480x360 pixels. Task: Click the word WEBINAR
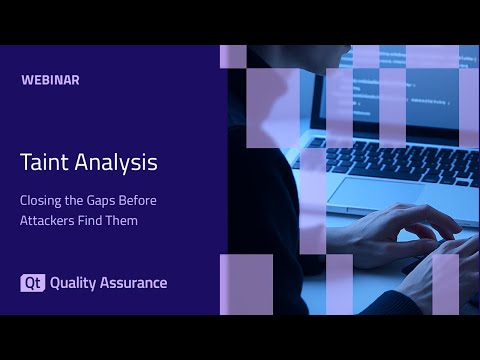50,80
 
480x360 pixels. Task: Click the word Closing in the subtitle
41,200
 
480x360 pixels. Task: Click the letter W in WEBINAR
25,80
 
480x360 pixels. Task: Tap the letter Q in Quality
55,283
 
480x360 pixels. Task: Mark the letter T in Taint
25,161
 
